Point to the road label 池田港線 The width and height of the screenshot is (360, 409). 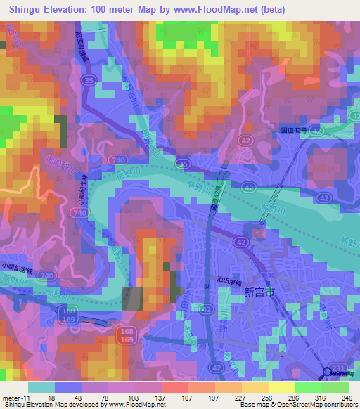coord(231,280)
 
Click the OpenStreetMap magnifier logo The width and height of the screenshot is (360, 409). coord(328,372)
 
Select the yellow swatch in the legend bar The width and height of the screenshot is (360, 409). coord(281,387)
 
